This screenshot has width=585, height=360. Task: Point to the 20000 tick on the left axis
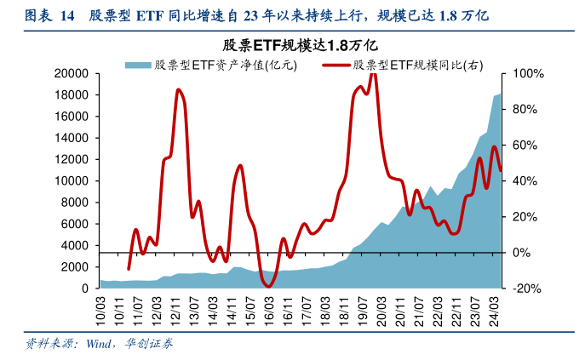tap(74, 74)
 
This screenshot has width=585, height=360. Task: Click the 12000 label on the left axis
tap(74, 160)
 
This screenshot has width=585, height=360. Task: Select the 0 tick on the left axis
tap(86, 289)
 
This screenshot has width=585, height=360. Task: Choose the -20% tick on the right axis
tap(522, 289)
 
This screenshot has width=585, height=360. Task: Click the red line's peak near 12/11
tap(178, 89)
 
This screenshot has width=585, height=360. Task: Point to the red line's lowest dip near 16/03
tap(269, 286)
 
